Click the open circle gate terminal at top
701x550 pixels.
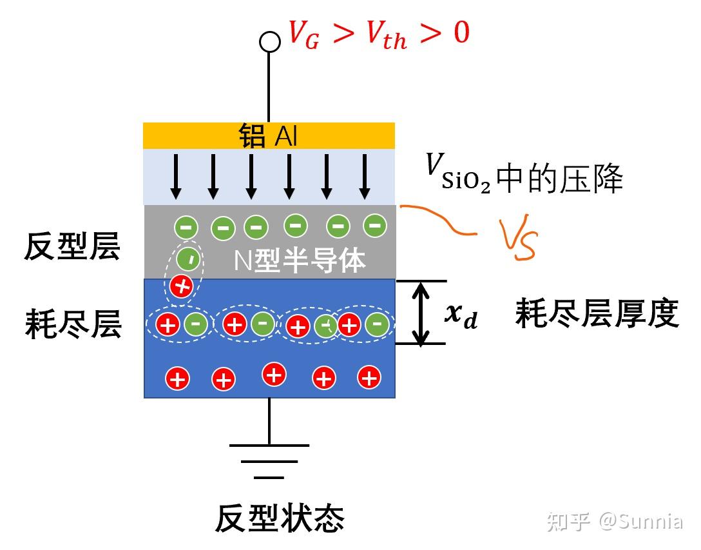tap(269, 42)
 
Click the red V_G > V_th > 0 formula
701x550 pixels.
tap(379, 34)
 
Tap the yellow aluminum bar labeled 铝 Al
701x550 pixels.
tap(269, 136)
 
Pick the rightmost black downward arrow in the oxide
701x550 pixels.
tap(365, 177)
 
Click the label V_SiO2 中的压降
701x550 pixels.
tap(523, 177)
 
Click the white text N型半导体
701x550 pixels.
tap(300, 261)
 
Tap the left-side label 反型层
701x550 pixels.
tap(72, 247)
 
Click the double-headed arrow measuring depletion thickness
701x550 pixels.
tap(421, 313)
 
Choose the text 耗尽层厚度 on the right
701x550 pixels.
tap(597, 315)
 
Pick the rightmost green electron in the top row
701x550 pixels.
tap(374, 226)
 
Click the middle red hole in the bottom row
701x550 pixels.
tap(274, 374)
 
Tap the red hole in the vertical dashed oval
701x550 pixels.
tap(183, 286)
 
